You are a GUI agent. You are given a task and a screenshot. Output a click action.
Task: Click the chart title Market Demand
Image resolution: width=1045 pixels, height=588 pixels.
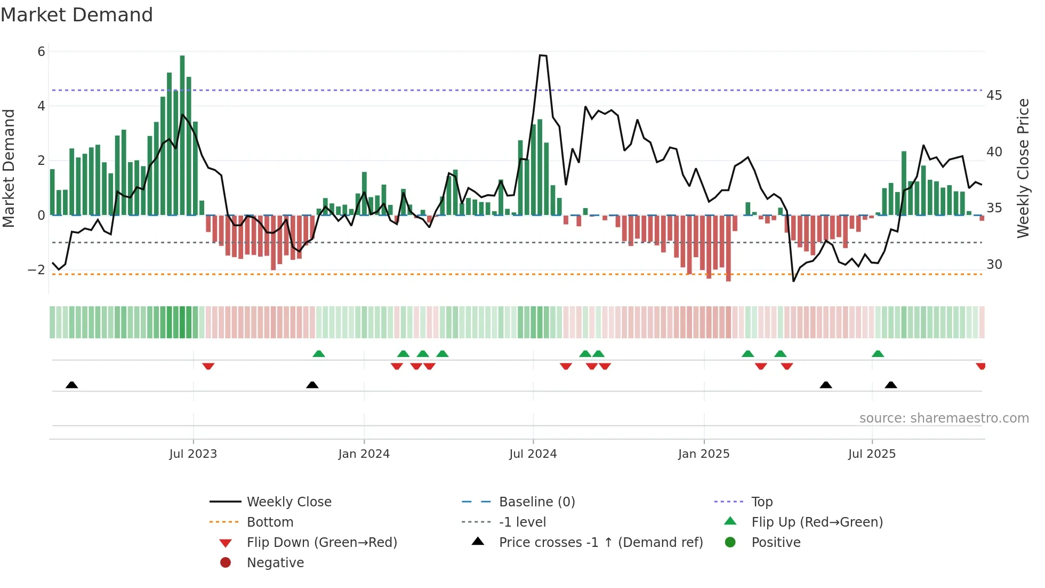(x=77, y=15)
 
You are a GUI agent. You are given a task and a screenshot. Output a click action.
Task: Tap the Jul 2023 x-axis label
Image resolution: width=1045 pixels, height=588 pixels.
(x=193, y=454)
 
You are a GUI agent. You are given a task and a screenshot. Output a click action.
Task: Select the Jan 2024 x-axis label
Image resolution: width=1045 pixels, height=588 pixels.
(x=364, y=454)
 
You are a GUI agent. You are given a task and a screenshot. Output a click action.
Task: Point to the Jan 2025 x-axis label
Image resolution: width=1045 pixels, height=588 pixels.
(x=704, y=454)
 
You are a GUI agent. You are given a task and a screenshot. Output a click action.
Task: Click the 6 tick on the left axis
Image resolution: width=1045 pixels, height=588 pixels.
(x=42, y=52)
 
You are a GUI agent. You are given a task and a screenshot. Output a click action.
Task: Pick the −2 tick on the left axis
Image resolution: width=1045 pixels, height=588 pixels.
(x=37, y=269)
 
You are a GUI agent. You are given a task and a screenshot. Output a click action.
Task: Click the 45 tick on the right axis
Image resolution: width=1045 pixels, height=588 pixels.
(x=994, y=96)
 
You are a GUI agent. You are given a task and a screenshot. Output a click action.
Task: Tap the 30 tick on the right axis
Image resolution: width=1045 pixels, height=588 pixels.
(x=994, y=265)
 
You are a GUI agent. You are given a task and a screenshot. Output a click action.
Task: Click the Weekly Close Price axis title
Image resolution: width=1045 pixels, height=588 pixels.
(x=1023, y=168)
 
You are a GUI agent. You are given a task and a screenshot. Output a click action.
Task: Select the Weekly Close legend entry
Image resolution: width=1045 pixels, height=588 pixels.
(x=288, y=502)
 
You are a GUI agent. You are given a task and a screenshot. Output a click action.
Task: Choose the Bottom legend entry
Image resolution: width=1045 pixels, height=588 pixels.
(x=270, y=522)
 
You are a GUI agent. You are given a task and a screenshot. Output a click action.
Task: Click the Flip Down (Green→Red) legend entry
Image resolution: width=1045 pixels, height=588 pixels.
(x=321, y=543)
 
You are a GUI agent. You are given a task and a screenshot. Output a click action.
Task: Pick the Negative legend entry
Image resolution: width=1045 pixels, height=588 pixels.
(x=275, y=563)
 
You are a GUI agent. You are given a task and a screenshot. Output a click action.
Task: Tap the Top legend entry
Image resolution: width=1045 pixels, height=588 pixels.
(x=762, y=502)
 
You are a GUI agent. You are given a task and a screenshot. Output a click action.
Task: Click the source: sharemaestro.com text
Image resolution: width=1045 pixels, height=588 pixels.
(x=944, y=418)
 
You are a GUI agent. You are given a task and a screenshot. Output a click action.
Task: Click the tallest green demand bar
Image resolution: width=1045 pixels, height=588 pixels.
(x=182, y=133)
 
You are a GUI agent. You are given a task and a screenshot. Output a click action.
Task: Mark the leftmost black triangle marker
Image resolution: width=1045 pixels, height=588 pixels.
(x=72, y=385)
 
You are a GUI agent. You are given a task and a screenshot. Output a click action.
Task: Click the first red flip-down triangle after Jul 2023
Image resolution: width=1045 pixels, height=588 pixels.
(x=208, y=366)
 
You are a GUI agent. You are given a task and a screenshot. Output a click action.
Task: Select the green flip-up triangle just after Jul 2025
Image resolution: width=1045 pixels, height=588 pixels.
(x=878, y=354)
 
